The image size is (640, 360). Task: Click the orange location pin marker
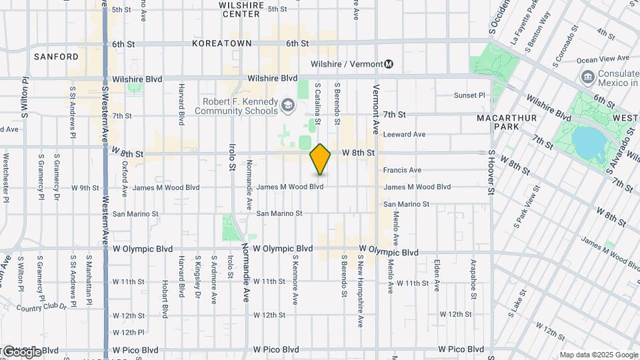coord(320,159)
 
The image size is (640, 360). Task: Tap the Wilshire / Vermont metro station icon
coord(389,64)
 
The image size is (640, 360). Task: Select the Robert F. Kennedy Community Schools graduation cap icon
coord(287,105)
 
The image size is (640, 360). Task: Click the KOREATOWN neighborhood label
coord(221,43)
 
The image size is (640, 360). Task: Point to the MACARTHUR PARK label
coord(503,123)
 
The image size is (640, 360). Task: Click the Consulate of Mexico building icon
coord(589,78)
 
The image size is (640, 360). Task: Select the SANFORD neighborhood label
coord(56,57)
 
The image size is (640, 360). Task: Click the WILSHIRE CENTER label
coord(241,9)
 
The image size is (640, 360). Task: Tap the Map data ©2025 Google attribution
coord(598,355)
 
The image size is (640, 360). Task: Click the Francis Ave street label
coord(402,171)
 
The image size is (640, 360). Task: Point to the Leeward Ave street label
coord(404,134)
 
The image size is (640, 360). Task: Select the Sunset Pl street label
coord(469,95)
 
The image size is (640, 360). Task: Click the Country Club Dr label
coord(42,307)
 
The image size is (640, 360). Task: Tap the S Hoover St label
coord(492,174)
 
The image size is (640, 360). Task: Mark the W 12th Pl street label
coord(129,332)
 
